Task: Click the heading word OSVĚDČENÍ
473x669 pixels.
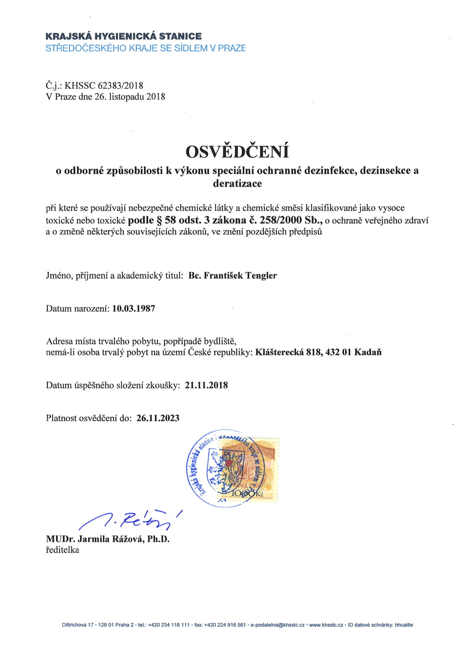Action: click(237, 152)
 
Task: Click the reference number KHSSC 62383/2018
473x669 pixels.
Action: click(104, 86)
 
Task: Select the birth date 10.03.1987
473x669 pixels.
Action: click(134, 308)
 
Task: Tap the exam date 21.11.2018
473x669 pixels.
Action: click(206, 385)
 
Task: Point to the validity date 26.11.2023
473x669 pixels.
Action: click(158, 418)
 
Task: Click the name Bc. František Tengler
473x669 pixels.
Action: click(232, 275)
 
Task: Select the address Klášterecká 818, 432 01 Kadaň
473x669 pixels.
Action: click(318, 352)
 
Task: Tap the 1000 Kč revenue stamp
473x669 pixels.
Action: click(248, 469)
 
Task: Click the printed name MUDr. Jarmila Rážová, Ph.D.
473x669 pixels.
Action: click(108, 539)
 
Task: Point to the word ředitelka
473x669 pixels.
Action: click(62, 550)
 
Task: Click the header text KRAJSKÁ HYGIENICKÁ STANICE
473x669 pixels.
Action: click(124, 36)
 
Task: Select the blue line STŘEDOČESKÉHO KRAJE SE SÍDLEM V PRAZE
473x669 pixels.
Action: click(145, 48)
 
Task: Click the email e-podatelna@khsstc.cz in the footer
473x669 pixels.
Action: click(277, 625)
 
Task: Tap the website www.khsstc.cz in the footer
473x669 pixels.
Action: click(326, 625)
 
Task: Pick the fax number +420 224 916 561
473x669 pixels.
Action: click(225, 625)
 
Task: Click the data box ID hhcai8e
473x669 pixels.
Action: click(404, 625)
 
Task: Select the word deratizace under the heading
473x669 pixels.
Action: click(237, 184)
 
